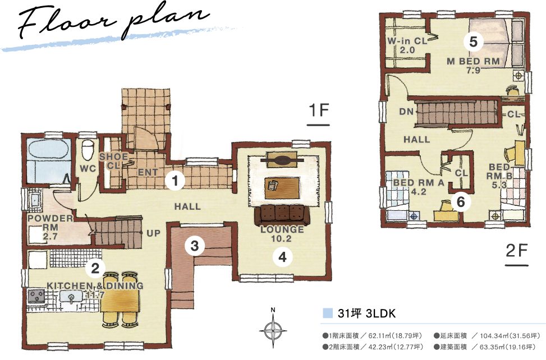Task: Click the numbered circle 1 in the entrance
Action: pyautogui.click(x=175, y=181)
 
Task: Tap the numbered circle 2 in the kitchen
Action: pyautogui.click(x=95, y=268)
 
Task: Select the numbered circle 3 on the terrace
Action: pyautogui.click(x=194, y=246)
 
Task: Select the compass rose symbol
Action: pyautogui.click(x=273, y=328)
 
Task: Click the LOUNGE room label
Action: pyautogui.click(x=282, y=229)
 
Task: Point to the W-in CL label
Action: pyautogui.click(x=407, y=41)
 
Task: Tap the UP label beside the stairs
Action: pyautogui.click(x=153, y=233)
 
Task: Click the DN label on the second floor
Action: pyautogui.click(x=406, y=112)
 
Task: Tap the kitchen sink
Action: pyautogui.click(x=72, y=298)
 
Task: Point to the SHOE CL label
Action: pyautogui.click(x=113, y=161)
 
